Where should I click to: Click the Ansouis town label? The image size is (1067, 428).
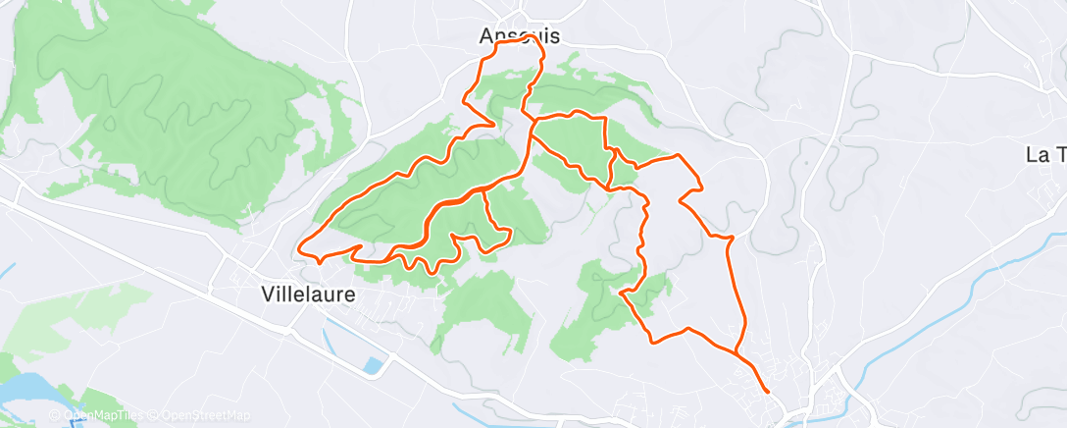(x=519, y=36)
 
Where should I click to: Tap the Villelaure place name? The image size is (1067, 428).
(x=308, y=293)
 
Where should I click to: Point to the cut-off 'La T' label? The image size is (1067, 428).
(x=1044, y=154)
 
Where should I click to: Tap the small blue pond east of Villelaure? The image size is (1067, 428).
(x=372, y=366)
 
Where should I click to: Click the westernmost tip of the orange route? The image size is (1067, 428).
(x=297, y=246)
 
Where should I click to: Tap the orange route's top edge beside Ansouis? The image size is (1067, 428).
(x=515, y=43)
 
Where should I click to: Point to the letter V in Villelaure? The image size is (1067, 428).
(x=268, y=293)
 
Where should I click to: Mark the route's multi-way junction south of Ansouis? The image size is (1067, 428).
(x=533, y=124)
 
